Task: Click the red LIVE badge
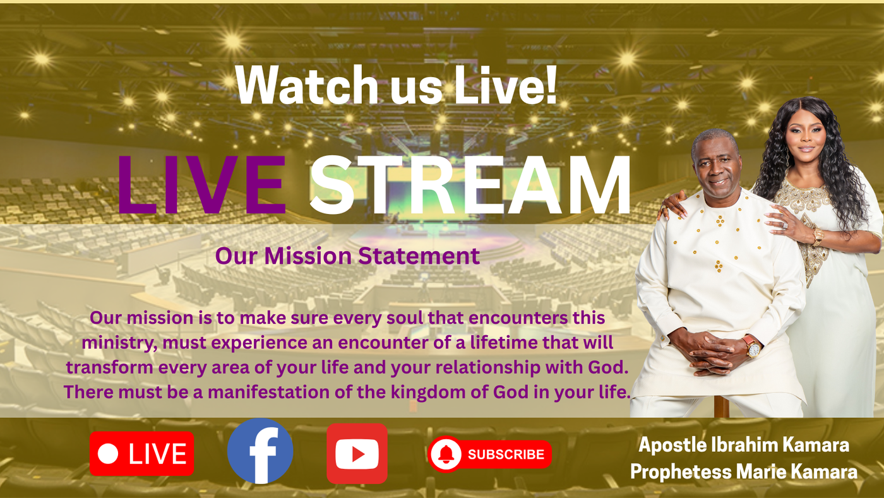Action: pyautogui.click(x=141, y=453)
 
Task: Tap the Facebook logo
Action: pyautogui.click(x=260, y=451)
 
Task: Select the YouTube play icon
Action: pyautogui.click(x=357, y=454)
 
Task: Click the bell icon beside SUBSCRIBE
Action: pyautogui.click(x=446, y=454)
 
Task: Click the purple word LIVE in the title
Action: pyautogui.click(x=201, y=185)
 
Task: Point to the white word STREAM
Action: pyautogui.click(x=470, y=185)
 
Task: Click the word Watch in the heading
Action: pyautogui.click(x=306, y=85)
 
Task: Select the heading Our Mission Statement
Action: pyautogui.click(x=347, y=256)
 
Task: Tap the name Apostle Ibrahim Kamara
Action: pyautogui.click(x=744, y=445)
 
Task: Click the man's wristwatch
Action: pyautogui.click(x=753, y=347)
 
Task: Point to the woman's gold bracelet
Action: pyautogui.click(x=816, y=237)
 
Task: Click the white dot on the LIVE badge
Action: pyautogui.click(x=108, y=454)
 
